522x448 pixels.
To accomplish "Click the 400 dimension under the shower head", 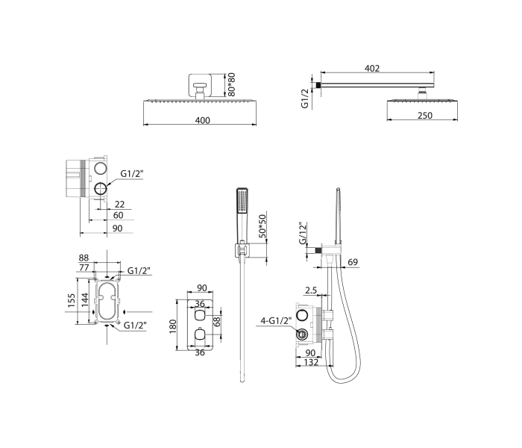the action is coord(202,120).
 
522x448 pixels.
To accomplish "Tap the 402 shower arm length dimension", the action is coord(372,68).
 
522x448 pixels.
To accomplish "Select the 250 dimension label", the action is coord(425,115).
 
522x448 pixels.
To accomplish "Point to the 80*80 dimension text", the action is coord(232,84).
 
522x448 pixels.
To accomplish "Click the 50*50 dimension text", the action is coord(263,226).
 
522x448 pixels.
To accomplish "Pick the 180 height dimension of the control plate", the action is coord(173,326).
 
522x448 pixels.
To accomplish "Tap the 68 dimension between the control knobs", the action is coord(217,321).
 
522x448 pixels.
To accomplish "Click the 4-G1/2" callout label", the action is coord(276,320).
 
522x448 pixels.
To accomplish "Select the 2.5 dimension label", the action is coord(311,290).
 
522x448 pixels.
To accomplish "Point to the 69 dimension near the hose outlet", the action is coord(353,262).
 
